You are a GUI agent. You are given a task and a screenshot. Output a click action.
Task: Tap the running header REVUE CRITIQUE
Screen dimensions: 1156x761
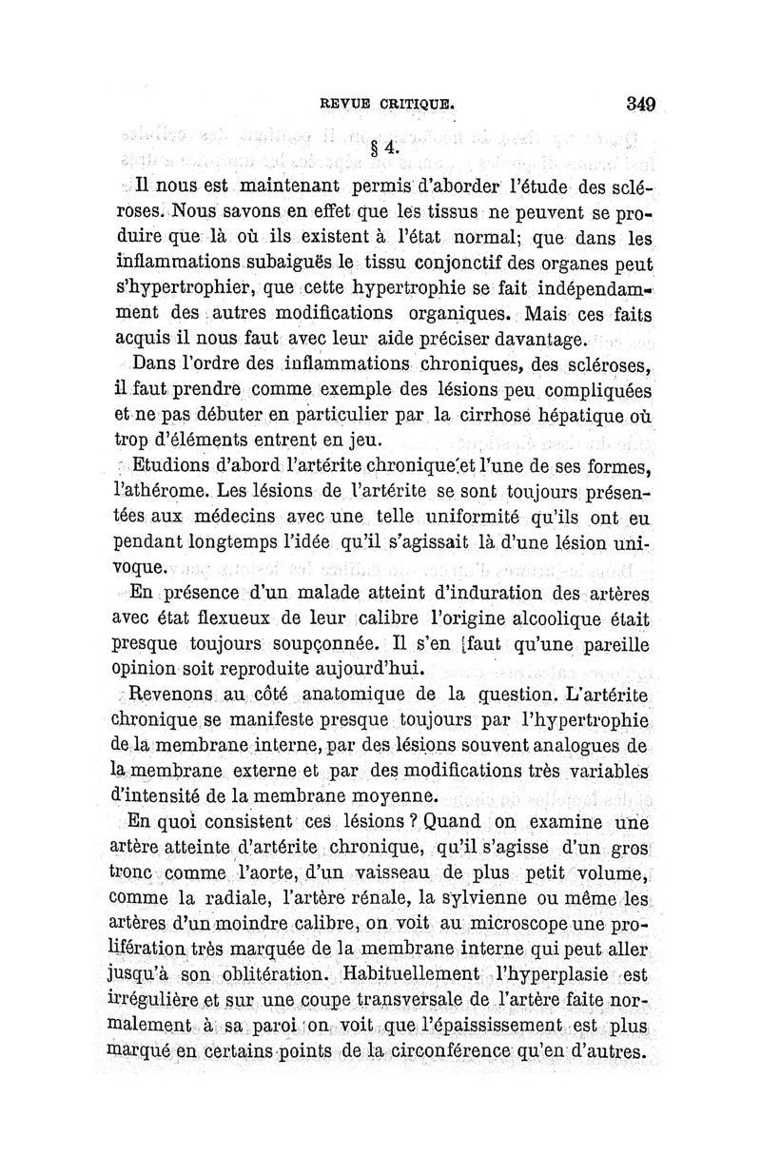point(386,98)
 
